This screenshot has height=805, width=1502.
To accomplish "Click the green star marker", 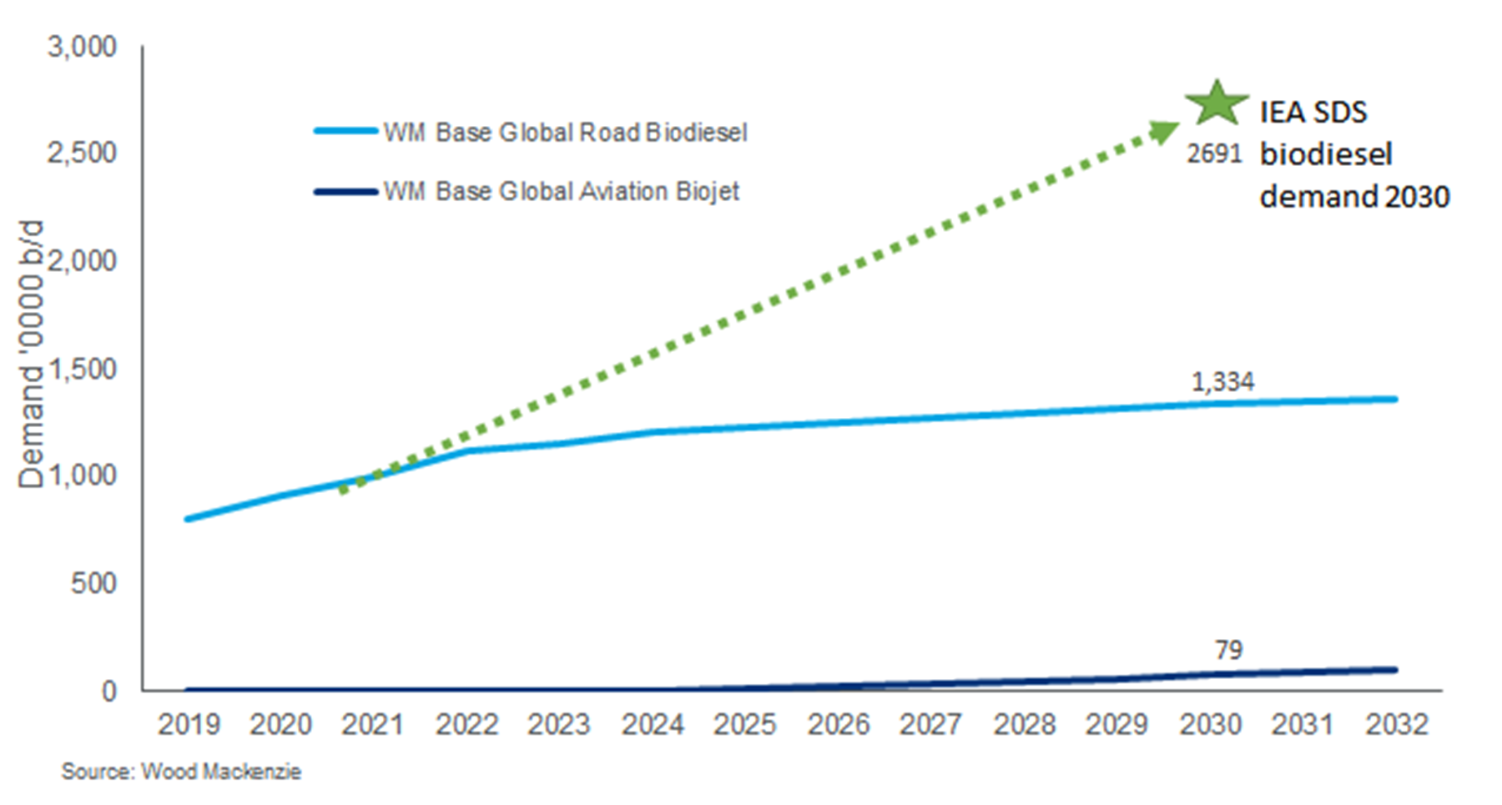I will [1217, 104].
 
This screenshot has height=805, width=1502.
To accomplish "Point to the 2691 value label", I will [1214, 153].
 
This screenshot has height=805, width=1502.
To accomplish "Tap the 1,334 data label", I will [1222, 382].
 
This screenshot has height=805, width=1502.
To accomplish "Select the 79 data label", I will [1228, 650].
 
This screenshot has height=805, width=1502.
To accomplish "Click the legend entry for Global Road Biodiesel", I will [564, 133].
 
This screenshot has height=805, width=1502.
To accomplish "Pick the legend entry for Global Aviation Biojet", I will [561, 192].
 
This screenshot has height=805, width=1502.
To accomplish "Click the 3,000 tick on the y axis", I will [82, 47].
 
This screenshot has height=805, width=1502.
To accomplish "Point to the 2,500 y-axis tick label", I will [82, 153].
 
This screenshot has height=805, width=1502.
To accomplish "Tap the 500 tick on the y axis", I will [93, 583].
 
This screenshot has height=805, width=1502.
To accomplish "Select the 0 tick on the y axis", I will [109, 691].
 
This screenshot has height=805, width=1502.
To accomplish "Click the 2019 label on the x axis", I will [189, 724].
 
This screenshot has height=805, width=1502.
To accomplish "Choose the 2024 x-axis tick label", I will [653, 724].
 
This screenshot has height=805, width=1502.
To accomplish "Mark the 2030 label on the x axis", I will [1210, 724].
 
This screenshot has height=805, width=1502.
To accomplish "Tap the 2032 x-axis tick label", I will [1396, 724].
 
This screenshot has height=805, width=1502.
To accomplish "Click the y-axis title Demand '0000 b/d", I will [31, 355].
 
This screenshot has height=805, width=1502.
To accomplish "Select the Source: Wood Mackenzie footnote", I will [181, 772].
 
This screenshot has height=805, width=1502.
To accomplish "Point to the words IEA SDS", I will [1313, 112].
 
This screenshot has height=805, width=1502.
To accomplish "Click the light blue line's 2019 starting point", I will [188, 519].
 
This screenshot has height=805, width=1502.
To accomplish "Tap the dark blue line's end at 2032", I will [1395, 670].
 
